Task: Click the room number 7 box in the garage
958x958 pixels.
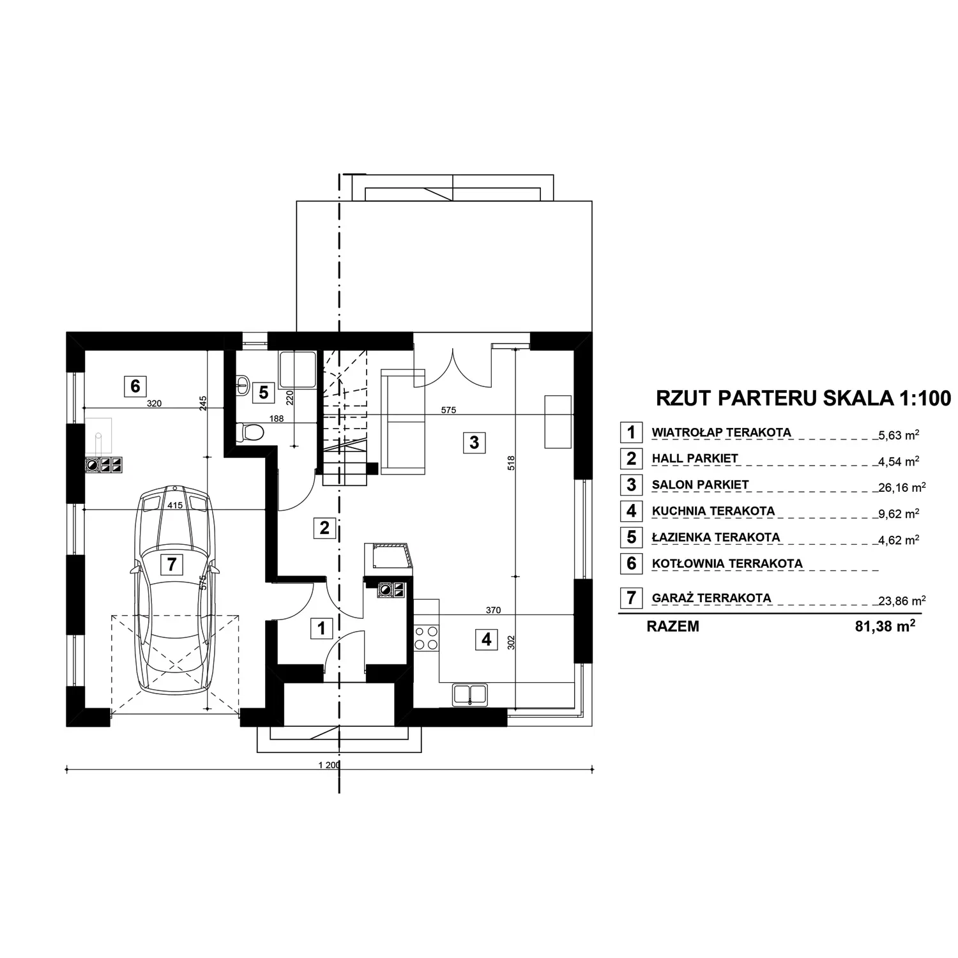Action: (171, 564)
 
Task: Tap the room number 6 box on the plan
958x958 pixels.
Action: (135, 386)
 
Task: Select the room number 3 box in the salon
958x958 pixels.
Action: (474, 442)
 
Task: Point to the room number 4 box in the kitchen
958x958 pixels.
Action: (487, 639)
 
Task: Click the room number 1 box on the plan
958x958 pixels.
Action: (321, 628)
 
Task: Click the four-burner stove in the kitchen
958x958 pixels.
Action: (427, 637)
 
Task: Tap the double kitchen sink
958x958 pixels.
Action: (470, 694)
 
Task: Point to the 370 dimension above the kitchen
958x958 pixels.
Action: (493, 610)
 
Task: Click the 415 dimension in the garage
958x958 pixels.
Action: (175, 505)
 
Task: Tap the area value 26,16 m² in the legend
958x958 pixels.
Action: (902, 487)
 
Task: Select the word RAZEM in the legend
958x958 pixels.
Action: (673, 627)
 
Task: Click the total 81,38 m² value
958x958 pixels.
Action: (885, 627)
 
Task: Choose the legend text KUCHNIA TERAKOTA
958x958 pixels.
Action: (713, 511)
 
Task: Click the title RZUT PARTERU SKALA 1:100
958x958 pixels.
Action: (803, 398)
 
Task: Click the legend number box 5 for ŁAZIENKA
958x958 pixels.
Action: (631, 537)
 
